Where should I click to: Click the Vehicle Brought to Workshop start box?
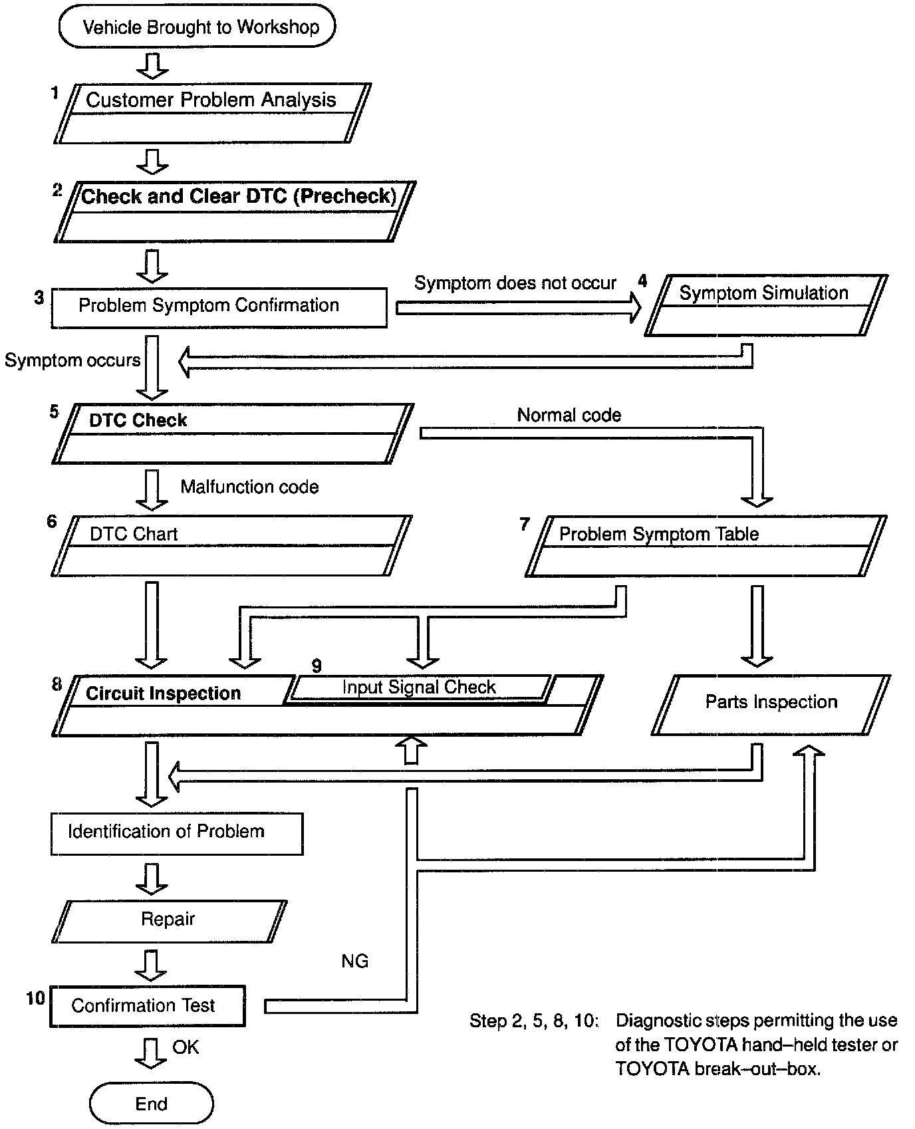pos(197,27)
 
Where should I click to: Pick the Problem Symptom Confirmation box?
pos(219,307)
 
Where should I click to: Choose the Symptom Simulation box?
pos(766,305)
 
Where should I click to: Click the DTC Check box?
pos(232,433)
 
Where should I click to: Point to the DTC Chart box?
pos(230,545)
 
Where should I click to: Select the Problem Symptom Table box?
pos(706,546)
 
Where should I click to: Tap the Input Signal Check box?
pos(419,688)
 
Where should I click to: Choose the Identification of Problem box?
pos(176,832)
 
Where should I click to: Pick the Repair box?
pos(168,920)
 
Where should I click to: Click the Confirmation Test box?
pos(148,1005)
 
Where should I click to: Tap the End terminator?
pos(151,1104)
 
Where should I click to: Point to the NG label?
pos(354,961)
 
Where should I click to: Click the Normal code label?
pos(569,416)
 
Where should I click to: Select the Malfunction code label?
pos(249,487)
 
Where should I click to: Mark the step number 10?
pos(35,998)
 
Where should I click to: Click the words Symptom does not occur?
pos(515,283)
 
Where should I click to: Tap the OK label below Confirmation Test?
pos(186,1047)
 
